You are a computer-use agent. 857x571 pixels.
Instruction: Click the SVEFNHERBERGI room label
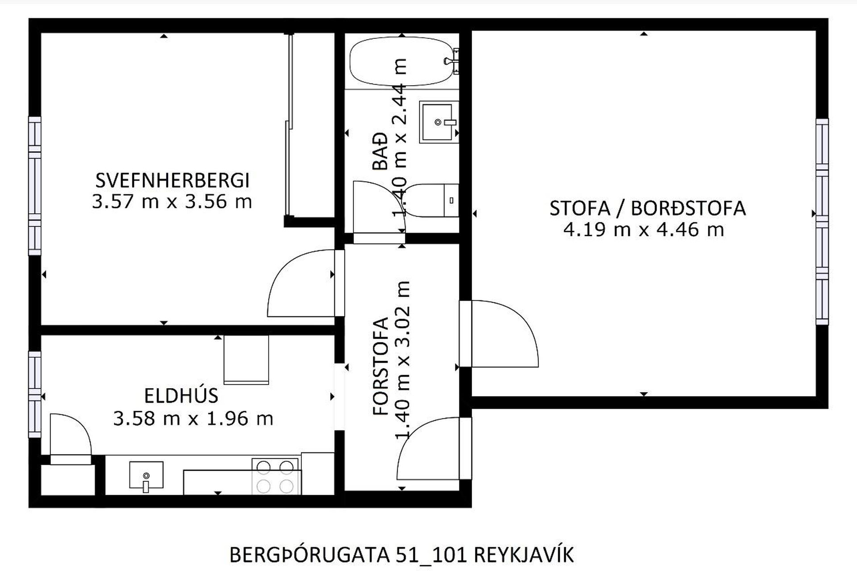click(172, 181)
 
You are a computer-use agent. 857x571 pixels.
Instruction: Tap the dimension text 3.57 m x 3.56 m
click(172, 202)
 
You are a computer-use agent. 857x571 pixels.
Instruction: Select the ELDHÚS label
click(181, 396)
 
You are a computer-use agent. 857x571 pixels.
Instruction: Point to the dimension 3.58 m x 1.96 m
click(193, 418)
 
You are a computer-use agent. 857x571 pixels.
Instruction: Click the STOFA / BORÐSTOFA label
click(647, 208)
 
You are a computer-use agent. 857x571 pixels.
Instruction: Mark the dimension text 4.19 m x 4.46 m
click(643, 230)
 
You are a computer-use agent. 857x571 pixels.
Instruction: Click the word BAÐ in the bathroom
click(380, 151)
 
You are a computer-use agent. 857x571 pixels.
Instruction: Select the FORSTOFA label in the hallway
click(381, 367)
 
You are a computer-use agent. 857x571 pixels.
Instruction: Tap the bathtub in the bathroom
click(401, 62)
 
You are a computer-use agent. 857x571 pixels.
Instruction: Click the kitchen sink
click(146, 476)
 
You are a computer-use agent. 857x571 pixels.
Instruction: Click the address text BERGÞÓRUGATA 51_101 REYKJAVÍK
click(401, 555)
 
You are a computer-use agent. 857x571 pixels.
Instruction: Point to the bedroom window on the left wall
click(34, 186)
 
